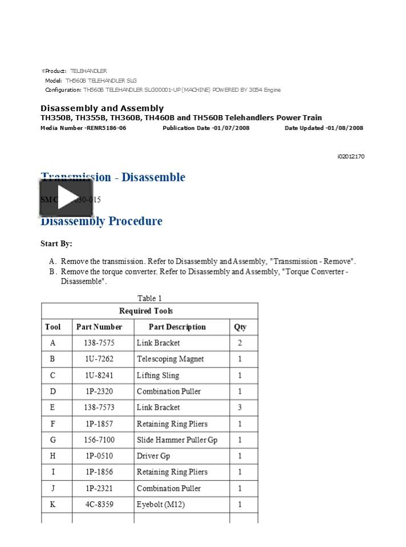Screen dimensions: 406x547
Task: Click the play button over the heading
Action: pos(66,198)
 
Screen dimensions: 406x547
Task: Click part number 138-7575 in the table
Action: pos(99,343)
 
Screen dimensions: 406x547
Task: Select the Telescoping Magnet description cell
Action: pos(170,359)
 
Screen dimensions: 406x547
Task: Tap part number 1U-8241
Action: pos(99,375)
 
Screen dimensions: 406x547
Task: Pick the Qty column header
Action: pos(240,327)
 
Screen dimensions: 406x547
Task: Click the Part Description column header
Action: pos(177,327)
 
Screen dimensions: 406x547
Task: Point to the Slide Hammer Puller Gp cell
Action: pos(177,440)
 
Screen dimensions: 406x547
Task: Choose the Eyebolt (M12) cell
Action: pos(160,504)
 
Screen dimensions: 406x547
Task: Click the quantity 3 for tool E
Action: pos(240,407)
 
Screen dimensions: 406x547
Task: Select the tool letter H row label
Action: pos(53,456)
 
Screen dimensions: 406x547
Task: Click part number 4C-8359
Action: pos(99,504)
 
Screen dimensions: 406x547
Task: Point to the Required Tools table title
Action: pos(146,311)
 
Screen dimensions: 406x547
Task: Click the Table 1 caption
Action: pos(149,298)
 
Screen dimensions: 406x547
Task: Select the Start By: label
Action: pos(56,244)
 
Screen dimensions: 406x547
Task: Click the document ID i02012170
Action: pos(351,157)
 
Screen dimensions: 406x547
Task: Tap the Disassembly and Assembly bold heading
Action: pos(102,108)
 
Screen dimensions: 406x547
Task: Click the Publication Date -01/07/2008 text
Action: pos(206,128)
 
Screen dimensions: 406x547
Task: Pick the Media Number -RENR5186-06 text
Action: pos(83,128)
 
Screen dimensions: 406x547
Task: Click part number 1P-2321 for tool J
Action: pos(99,488)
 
